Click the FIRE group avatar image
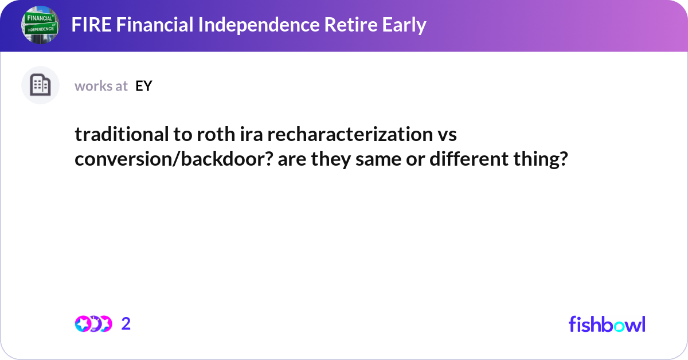(x=41, y=25)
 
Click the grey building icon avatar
(x=41, y=85)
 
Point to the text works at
(x=101, y=86)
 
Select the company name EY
(x=143, y=86)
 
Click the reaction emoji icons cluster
(x=93, y=324)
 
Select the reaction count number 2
(x=126, y=324)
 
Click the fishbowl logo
(x=607, y=324)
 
